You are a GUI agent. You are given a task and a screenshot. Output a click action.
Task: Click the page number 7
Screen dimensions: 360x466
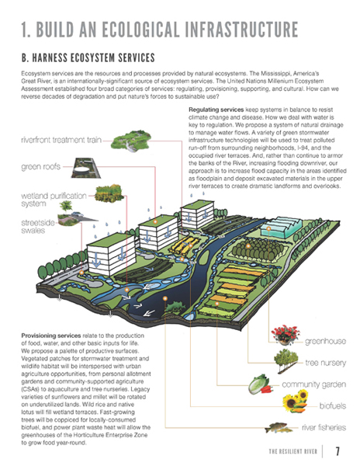[337, 451]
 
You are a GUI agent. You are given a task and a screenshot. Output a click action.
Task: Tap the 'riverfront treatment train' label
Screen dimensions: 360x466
[61, 140]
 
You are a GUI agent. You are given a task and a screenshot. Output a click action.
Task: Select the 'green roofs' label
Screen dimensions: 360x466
[40, 167]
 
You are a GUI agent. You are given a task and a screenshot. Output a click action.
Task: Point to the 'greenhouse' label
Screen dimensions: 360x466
[325, 341]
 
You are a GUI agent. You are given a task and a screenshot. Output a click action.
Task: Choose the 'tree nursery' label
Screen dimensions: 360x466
[326, 363]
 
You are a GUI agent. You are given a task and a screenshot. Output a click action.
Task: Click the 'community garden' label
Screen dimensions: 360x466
[313, 384]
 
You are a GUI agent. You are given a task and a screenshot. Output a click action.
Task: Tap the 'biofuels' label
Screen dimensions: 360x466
[332, 405]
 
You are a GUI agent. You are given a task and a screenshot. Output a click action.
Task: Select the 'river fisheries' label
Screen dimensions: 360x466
[324, 427]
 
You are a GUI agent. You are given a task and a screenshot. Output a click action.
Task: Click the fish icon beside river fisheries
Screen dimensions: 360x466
[277, 427]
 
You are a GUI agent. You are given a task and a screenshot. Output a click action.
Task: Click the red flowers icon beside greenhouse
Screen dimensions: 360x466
[286, 335]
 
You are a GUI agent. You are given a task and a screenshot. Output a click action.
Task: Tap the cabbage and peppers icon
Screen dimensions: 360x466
[261, 384]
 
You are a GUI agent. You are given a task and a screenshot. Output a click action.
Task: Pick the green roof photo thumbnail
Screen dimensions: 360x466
[85, 168]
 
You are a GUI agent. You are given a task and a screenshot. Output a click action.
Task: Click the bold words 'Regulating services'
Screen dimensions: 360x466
[216, 110]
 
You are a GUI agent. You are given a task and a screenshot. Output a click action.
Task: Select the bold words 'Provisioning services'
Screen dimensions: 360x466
[51, 336]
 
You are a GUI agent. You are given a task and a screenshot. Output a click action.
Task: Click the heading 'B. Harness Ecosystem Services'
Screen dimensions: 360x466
[88, 57]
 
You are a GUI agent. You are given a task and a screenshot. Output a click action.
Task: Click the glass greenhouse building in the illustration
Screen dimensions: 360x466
[281, 228]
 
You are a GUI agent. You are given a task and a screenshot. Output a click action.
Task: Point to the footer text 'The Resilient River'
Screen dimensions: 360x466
[293, 451]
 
